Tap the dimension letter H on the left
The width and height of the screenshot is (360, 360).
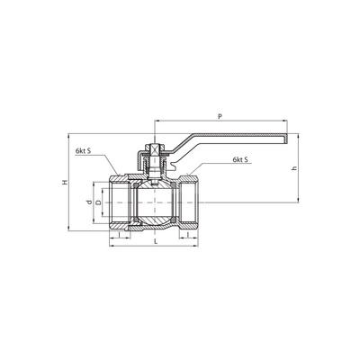[x=65, y=183]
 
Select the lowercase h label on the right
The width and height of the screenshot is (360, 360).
[x=294, y=169]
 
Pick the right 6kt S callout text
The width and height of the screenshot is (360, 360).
[x=240, y=159]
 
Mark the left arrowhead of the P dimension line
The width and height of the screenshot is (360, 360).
[x=158, y=123]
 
